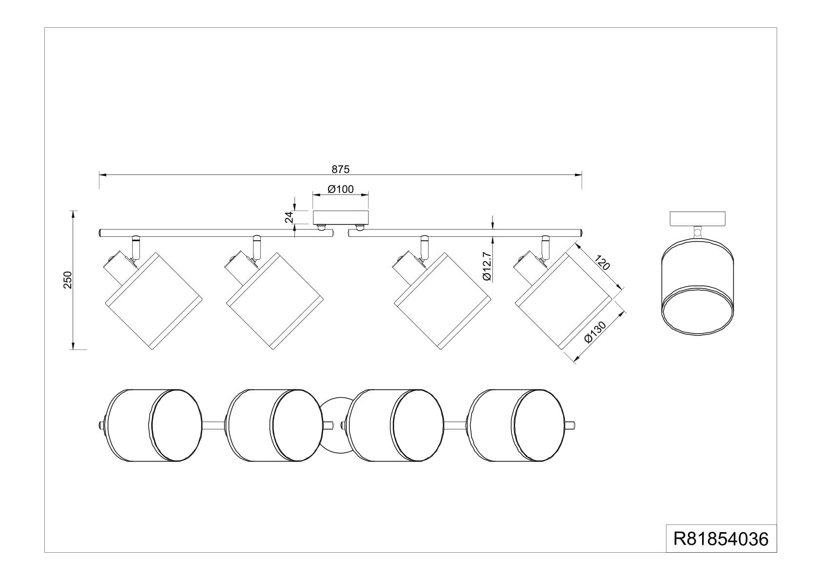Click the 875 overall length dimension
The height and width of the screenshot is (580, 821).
340,169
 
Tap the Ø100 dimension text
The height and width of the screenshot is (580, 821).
340,189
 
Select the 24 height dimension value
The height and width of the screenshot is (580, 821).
289,217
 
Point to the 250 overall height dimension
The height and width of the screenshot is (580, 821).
68,280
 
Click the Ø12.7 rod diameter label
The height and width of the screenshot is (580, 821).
487,266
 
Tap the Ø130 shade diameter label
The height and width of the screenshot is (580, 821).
595,331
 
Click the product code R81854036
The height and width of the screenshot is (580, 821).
721,539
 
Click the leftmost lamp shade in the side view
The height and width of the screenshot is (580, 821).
154,301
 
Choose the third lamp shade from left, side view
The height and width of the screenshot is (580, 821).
442,301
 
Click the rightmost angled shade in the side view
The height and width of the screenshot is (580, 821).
563,301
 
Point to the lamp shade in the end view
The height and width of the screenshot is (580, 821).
698,286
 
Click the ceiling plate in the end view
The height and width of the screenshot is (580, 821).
698,219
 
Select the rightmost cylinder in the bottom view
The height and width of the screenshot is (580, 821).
516,425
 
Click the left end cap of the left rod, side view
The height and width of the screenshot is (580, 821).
100,233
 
